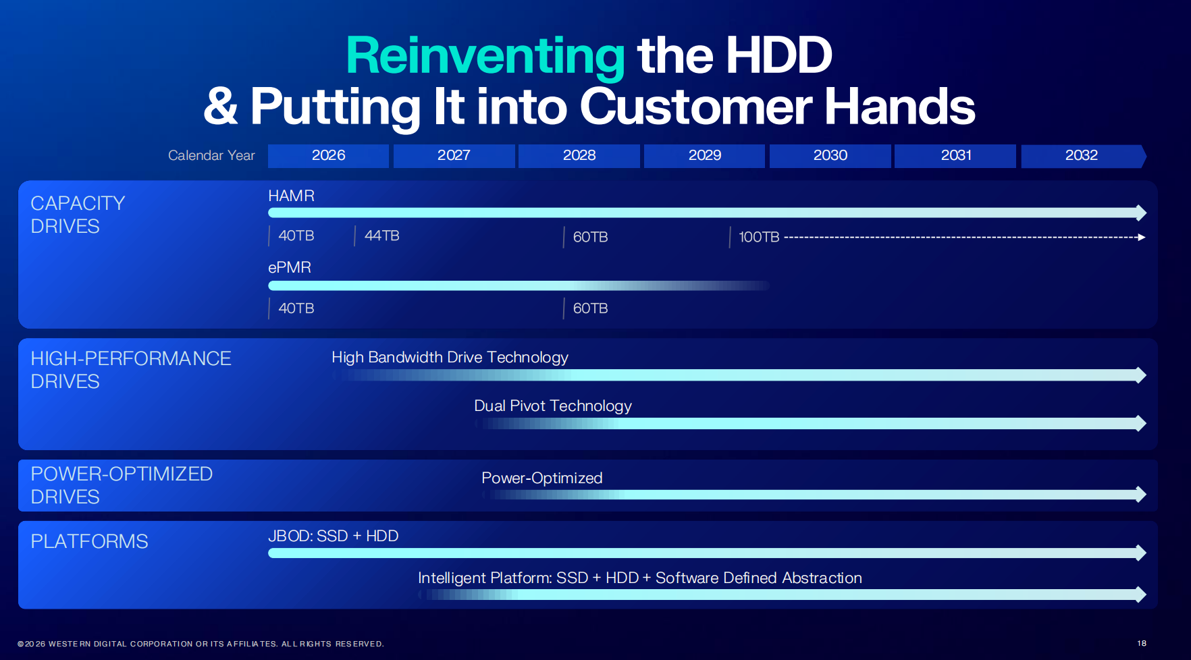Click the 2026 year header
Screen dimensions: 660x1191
coord(328,156)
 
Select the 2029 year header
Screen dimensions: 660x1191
coord(704,156)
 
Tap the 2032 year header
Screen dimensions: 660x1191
coord(1081,156)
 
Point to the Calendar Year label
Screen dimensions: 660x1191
coord(211,156)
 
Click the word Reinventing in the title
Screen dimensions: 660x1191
coord(485,56)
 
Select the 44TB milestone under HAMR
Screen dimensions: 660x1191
coord(381,236)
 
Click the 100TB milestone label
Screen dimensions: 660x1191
coord(759,238)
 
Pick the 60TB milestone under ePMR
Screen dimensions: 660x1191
coord(590,308)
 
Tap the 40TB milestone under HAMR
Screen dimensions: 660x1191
coord(296,236)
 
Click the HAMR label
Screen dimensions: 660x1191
coord(291,196)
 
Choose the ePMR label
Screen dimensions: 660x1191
coord(289,267)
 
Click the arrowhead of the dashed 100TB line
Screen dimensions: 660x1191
coord(1141,238)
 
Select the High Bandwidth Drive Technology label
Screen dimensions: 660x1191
coord(450,357)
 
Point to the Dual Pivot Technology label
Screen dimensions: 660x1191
coord(552,406)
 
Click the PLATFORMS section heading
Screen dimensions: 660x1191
coord(89,541)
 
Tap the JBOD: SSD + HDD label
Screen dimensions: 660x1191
coord(333,536)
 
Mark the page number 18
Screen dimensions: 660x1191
coord(1142,643)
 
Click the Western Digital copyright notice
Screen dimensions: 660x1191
coord(201,644)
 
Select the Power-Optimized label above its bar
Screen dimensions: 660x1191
coord(541,478)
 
